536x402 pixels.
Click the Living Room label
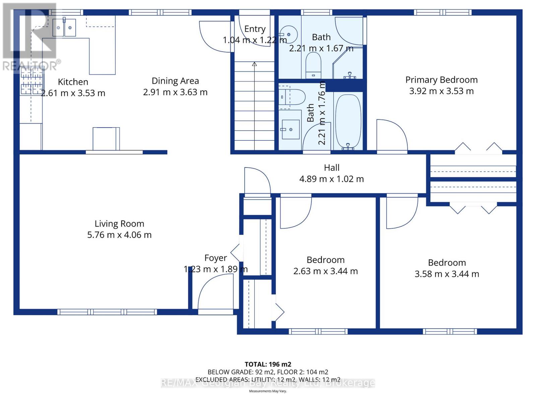coord(119,224)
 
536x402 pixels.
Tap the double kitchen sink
coord(64,28)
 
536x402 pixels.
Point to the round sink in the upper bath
coord(288,35)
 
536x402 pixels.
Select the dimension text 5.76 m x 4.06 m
coord(119,235)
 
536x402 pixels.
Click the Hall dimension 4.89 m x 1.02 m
coord(331,179)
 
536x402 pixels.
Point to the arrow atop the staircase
coord(254,64)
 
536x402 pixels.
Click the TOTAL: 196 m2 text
coord(268,364)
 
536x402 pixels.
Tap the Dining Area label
coord(175,81)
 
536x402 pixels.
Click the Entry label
coord(255,29)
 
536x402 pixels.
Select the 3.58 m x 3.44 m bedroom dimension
coord(447,274)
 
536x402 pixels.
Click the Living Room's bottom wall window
coord(107,312)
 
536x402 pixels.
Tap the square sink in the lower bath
coord(290,129)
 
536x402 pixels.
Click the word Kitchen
coord(73,82)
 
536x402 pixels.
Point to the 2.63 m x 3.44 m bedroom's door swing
coord(295,213)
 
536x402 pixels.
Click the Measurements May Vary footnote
coord(268,391)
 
